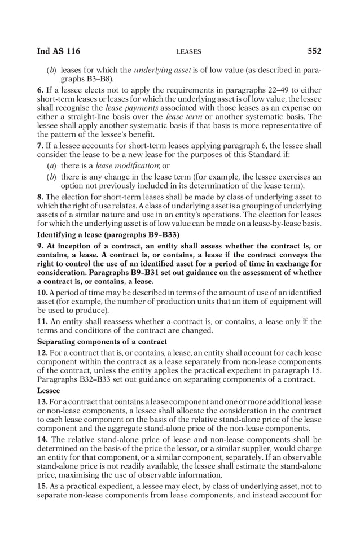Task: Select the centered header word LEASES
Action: point(188,52)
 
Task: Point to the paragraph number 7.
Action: point(40,145)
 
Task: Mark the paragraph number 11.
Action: point(42,322)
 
